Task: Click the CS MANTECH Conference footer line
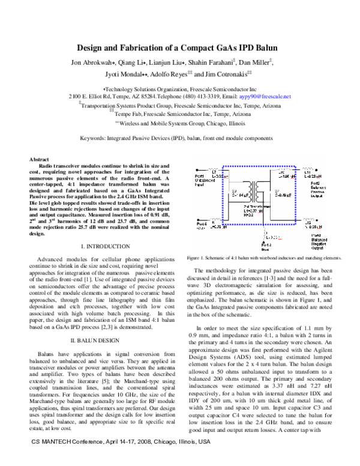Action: (121, 458)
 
